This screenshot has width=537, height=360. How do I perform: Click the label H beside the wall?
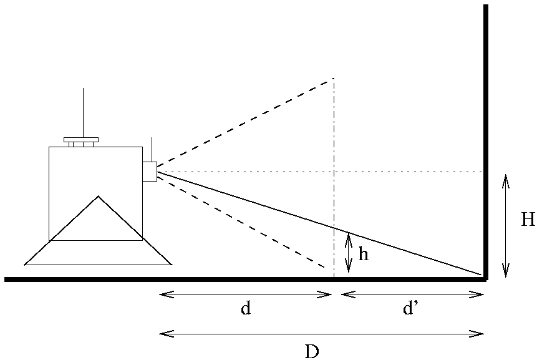pyautogui.click(x=528, y=219)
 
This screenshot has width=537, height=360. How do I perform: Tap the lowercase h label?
pyautogui.click(x=364, y=256)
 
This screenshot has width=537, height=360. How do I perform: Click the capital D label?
pyautogui.click(x=312, y=351)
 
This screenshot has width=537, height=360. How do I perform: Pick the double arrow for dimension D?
pyautogui.click(x=322, y=334)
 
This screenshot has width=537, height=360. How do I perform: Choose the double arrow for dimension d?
pyautogui.click(x=246, y=294)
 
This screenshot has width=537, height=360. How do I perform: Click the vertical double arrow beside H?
pyautogui.click(x=505, y=225)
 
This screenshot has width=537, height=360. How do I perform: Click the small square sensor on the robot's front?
pyautogui.click(x=149, y=171)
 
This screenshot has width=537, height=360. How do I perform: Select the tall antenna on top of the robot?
pyautogui.click(x=83, y=112)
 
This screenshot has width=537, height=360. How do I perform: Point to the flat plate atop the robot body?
pyautogui.click(x=81, y=140)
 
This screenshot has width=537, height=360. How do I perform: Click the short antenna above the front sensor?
pyautogui.click(x=152, y=148)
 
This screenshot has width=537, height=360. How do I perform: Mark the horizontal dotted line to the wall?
pyautogui.click(x=405, y=171)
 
